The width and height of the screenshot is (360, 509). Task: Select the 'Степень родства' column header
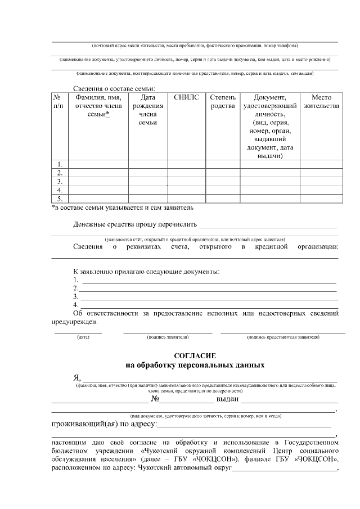pos(223,101)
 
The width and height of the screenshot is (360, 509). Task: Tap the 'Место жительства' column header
pos(321,101)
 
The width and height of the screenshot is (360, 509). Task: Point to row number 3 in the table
pos(59,182)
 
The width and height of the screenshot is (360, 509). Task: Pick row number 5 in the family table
pos(59,199)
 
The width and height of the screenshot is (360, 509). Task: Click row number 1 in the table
pos(59,164)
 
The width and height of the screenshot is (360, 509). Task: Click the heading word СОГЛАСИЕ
pos(195,356)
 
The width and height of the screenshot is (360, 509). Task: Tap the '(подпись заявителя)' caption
pos(168,337)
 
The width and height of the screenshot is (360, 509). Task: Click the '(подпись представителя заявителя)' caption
pos(283,337)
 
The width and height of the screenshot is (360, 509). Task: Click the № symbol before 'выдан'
pos(156,399)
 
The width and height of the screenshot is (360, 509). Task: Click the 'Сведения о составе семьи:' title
pos(114,88)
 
